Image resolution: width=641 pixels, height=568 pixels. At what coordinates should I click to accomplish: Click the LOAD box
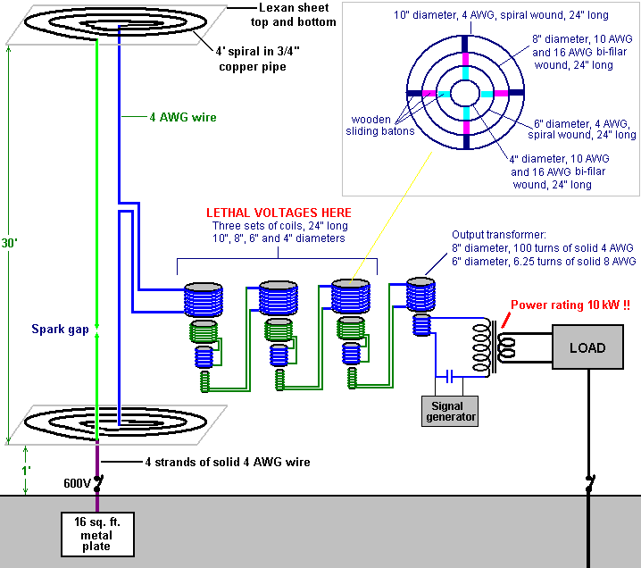point(587,347)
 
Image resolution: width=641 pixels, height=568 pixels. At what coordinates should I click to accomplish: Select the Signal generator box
point(449,410)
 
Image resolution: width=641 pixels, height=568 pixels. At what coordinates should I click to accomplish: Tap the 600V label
point(76,483)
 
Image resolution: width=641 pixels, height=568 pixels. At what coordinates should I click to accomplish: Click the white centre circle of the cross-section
point(465,93)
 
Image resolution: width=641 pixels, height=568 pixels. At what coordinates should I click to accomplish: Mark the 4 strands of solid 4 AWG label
point(228,462)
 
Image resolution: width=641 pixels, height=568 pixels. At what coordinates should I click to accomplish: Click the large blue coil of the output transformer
point(422,293)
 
